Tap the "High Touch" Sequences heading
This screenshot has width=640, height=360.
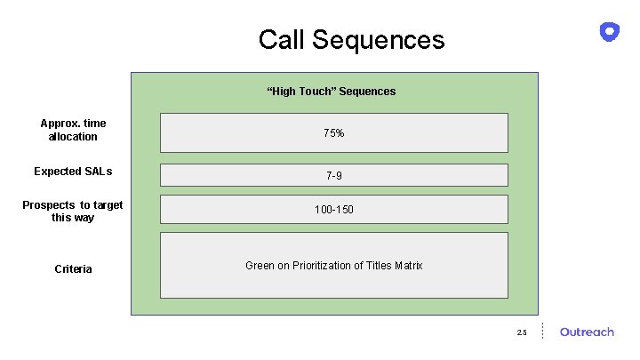[x=332, y=91]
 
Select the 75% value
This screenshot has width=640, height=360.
[x=333, y=133]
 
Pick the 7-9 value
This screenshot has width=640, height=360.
[x=333, y=176]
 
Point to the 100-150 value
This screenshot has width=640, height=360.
[x=333, y=211]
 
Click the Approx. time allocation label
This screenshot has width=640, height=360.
[x=73, y=130]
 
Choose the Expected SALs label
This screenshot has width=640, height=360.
[x=73, y=171]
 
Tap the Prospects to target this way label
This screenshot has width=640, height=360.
[x=73, y=211]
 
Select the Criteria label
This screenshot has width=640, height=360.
[x=73, y=268]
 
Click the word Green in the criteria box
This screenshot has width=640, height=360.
[x=260, y=266]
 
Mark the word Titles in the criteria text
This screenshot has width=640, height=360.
[x=377, y=266]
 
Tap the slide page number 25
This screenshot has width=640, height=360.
[x=521, y=332]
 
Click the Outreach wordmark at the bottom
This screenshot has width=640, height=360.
[x=587, y=332]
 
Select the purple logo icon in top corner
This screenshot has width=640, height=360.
[x=610, y=32]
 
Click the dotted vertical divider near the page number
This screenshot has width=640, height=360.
[x=543, y=331]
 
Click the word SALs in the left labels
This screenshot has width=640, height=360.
[x=99, y=171]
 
